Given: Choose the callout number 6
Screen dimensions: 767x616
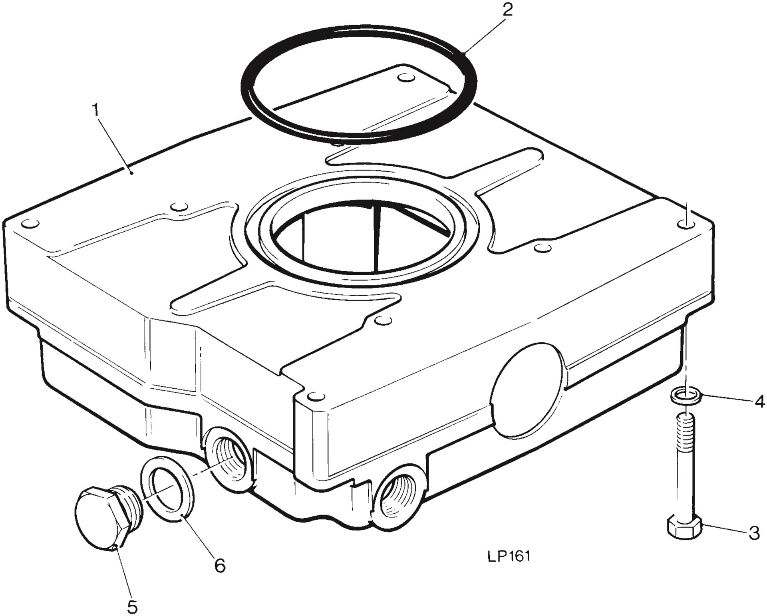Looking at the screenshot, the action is pos(220,566).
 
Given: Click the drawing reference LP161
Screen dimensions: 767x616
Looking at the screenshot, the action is pos(509,556).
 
